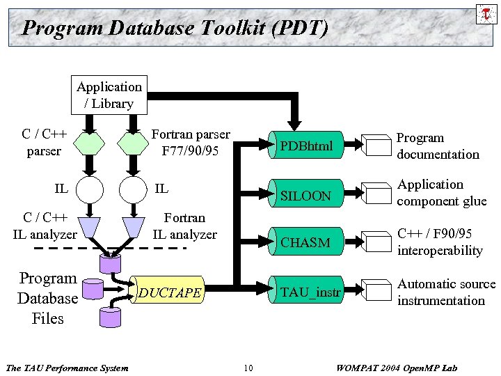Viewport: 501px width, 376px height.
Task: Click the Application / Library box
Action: pyautogui.click(x=109, y=95)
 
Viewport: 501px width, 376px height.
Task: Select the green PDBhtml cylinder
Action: pyautogui.click(x=306, y=146)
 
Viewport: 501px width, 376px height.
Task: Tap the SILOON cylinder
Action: pyautogui.click(x=306, y=196)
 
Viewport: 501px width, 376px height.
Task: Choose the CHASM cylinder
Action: pyautogui.click(x=306, y=242)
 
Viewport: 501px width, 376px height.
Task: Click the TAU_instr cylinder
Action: pyautogui.click(x=306, y=292)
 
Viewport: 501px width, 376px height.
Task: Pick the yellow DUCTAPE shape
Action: pyautogui.click(x=170, y=293)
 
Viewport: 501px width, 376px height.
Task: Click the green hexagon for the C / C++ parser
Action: pyautogui.click(x=89, y=143)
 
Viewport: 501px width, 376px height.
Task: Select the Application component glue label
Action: pyautogui.click(x=440, y=193)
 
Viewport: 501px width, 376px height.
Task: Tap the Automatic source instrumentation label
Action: pyautogui.click(x=445, y=292)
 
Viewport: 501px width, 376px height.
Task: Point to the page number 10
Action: pyautogui.click(x=248, y=368)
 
